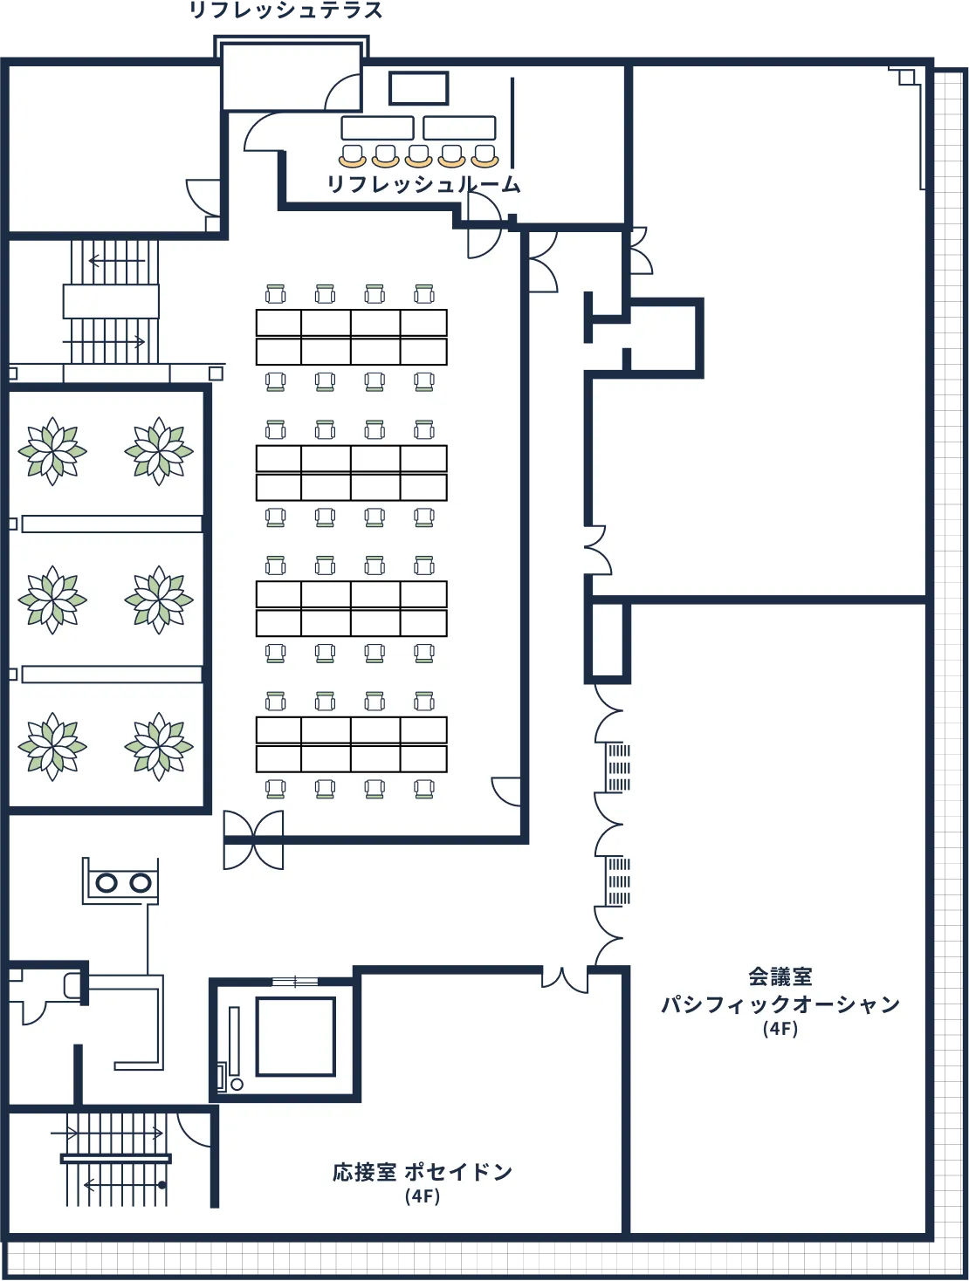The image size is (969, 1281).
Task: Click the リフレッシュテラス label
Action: [x=285, y=10]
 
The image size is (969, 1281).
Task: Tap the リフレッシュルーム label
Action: [x=423, y=184]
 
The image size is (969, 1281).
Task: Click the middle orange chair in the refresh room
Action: [x=418, y=155]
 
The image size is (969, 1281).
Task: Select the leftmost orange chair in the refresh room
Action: [x=353, y=155]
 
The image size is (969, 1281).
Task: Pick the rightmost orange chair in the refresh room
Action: [x=485, y=155]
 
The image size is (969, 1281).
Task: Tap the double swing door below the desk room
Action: [x=253, y=840]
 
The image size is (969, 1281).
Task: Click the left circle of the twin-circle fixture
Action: [x=107, y=883]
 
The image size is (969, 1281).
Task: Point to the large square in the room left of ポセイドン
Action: [x=296, y=1036]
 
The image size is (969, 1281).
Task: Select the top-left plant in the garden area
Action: [x=52, y=450]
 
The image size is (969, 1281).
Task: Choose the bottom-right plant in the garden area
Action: [x=159, y=746]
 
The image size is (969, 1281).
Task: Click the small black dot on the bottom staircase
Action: [x=161, y=1185]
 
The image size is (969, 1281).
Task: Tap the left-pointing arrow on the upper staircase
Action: [x=117, y=260]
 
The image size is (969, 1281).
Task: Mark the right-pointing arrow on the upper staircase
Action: [x=104, y=341]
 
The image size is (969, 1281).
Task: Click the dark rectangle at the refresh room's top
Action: [x=418, y=88]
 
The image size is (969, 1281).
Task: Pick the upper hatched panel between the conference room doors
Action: [x=618, y=767]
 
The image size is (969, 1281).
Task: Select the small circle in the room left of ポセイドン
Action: [x=237, y=1085]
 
